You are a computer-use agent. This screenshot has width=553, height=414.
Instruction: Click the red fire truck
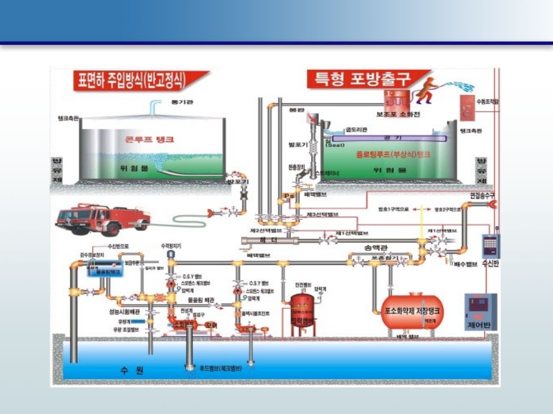102,219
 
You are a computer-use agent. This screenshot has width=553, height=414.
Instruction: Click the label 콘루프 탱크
150,139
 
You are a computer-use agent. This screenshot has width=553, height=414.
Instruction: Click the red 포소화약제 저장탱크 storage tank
412,311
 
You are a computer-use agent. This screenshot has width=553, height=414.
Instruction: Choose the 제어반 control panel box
480,312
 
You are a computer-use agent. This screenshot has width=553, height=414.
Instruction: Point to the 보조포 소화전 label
398,114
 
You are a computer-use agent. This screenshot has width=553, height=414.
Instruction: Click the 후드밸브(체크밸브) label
220,367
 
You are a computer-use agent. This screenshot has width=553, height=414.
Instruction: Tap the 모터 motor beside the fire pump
210,325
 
